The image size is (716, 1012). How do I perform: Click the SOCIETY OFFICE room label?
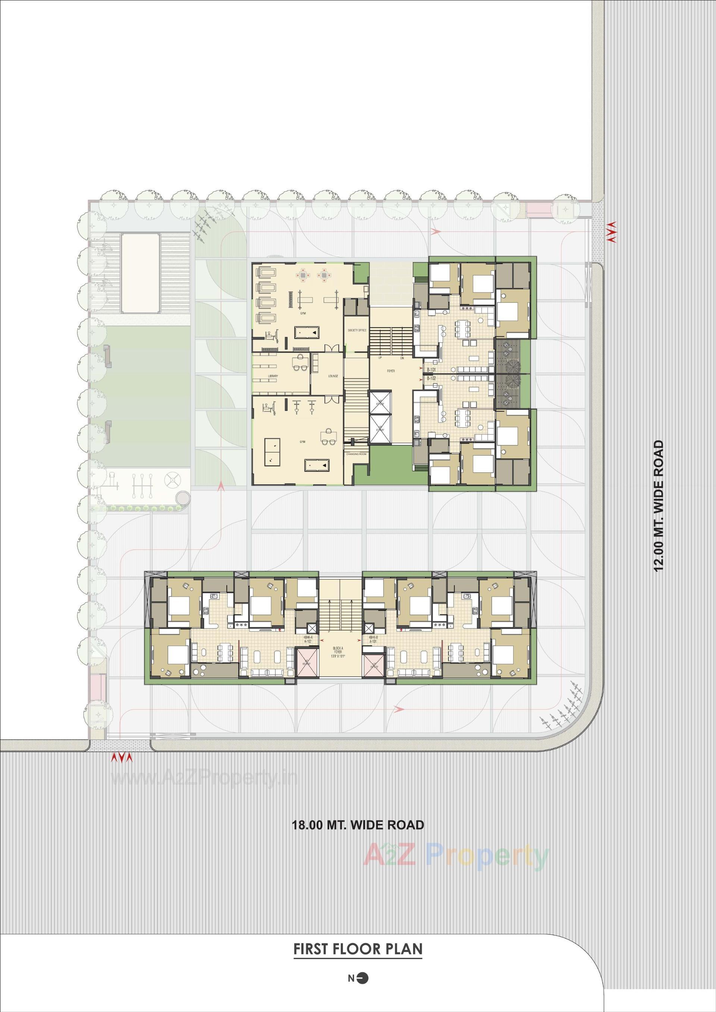point(357,330)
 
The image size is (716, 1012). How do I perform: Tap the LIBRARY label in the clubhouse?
point(273,376)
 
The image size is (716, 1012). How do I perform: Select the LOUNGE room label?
point(333,376)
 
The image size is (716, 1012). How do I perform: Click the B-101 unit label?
point(431,357)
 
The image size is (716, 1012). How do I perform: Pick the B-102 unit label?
point(431,366)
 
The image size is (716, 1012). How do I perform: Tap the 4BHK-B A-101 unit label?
point(373,639)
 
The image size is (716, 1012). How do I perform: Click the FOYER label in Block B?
point(391,371)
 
